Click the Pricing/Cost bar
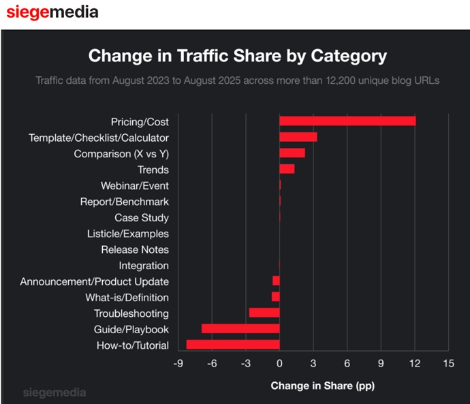point(347,121)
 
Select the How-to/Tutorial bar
point(233,345)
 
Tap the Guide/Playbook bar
point(240,329)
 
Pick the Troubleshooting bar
point(264,313)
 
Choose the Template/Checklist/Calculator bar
point(298,137)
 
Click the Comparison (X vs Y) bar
point(292,153)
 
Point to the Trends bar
point(287,169)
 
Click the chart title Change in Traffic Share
point(238,55)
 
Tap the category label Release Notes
point(135,249)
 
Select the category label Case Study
point(142,217)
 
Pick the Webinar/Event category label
point(135,185)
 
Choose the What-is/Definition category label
point(127,297)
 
